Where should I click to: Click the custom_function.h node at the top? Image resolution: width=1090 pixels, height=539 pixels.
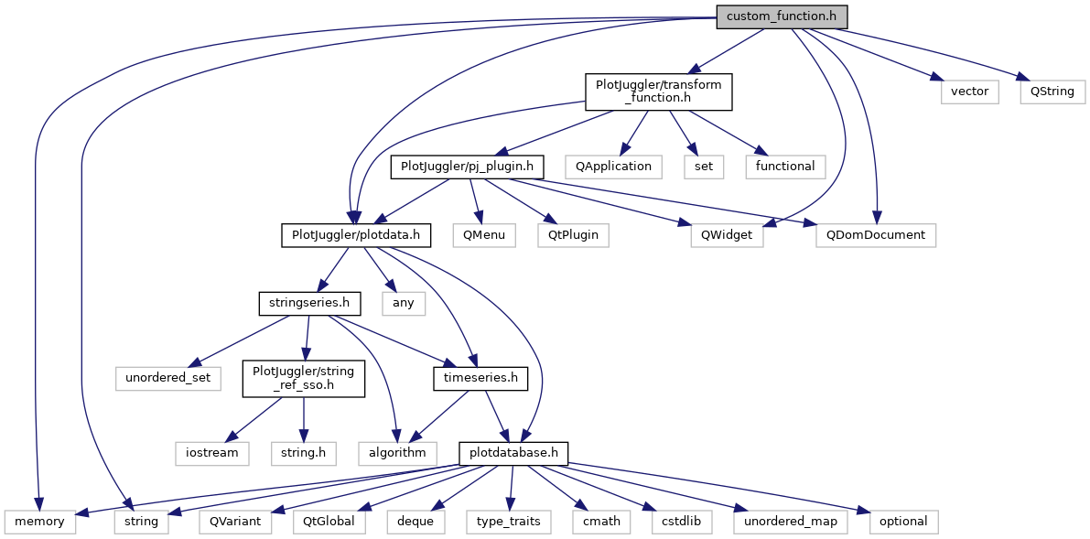[782, 16]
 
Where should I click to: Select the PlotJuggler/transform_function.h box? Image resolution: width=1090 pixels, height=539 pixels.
[659, 92]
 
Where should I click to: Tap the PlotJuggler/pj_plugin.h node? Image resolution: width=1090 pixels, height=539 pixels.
[467, 167]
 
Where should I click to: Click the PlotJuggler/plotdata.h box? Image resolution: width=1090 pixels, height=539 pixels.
[355, 235]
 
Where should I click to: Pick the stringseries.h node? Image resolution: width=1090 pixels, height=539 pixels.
[308, 303]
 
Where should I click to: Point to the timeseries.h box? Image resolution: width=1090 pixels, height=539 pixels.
[480, 377]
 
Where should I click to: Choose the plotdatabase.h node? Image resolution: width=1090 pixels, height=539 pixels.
[514, 453]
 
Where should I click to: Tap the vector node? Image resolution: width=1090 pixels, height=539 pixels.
[970, 92]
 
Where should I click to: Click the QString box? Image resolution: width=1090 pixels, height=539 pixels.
[1052, 92]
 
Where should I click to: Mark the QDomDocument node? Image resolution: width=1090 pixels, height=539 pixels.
[876, 235]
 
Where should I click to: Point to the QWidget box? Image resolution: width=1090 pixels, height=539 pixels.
[727, 235]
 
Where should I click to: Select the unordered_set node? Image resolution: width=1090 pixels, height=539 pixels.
[168, 377]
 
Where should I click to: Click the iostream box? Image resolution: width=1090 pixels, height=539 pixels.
[212, 453]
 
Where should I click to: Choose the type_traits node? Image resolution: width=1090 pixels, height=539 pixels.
[509, 522]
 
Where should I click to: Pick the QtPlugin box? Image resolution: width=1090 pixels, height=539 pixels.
[573, 235]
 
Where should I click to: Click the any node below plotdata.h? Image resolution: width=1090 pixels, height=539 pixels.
[404, 303]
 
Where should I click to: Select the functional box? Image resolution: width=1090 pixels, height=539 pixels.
[785, 167]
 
